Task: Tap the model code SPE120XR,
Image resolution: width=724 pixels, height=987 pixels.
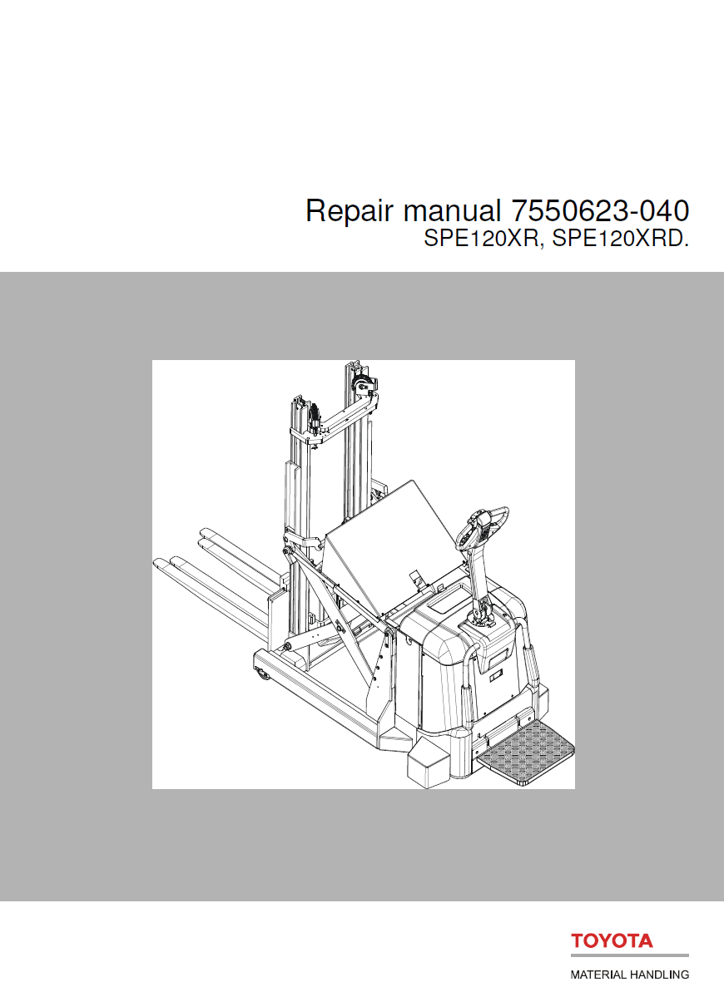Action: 483,240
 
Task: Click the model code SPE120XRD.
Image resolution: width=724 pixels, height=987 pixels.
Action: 621,240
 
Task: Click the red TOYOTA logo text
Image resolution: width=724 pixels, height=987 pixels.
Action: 612,941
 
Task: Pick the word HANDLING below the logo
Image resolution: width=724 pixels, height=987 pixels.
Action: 659,974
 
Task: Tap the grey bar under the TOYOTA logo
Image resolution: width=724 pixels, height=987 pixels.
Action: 629,956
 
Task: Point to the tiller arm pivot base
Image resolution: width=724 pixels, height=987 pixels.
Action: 483,617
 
